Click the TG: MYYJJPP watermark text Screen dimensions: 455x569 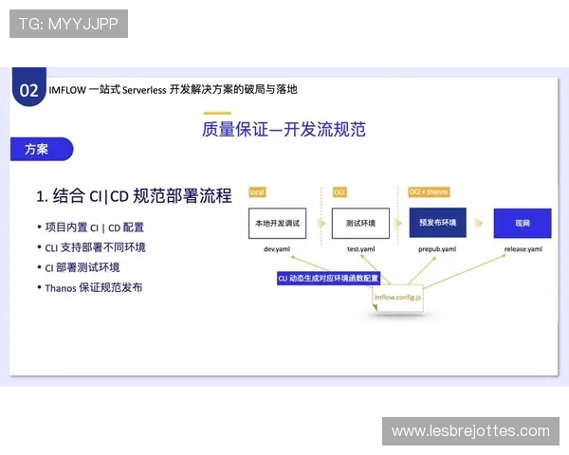pyautogui.click(x=68, y=24)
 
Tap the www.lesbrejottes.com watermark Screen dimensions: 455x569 pyautogui.click(x=470, y=431)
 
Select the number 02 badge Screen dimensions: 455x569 pyautogui.click(x=28, y=90)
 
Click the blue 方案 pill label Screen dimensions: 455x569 pyautogui.click(x=38, y=149)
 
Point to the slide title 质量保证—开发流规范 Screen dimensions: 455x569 pyautogui.click(x=284, y=130)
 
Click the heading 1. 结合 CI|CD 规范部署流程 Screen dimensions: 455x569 pyautogui.click(x=134, y=196)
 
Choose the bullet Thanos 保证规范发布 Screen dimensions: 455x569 pyautogui.click(x=95, y=287)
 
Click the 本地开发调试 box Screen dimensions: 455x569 pyautogui.click(x=275, y=223)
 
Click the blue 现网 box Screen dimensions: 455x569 pyautogui.click(x=522, y=223)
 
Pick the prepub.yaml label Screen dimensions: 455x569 pyautogui.click(x=437, y=249)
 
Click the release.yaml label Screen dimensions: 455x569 pyautogui.click(x=523, y=249)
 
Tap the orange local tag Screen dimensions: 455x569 pyautogui.click(x=257, y=191)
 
